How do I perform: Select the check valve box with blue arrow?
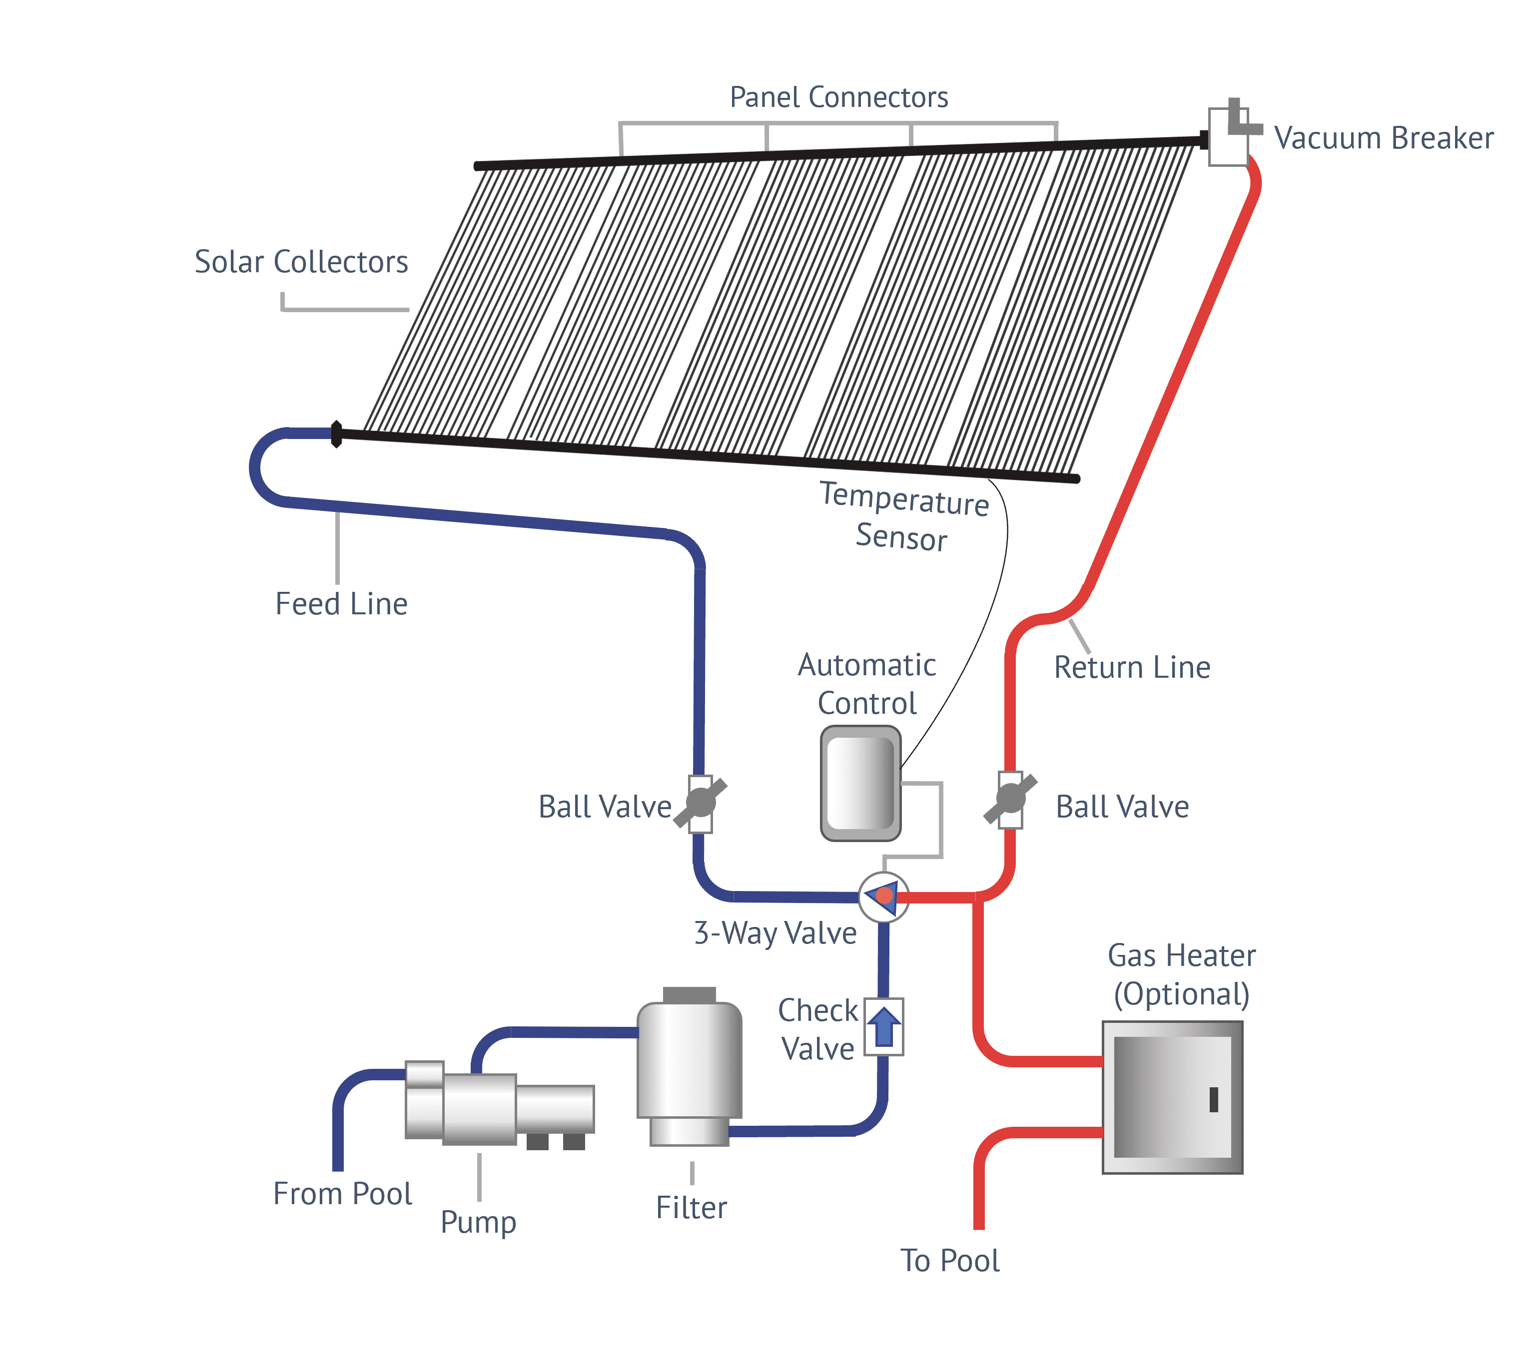[884, 1027]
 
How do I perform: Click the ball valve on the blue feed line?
[701, 803]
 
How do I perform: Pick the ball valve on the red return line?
[1010, 799]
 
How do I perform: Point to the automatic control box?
[860, 783]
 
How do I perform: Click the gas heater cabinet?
[1172, 1097]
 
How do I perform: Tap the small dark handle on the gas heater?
[1213, 1099]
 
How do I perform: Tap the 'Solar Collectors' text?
[301, 262]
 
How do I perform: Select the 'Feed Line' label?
[341, 604]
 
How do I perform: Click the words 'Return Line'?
[1131, 667]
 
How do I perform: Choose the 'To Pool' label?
[949, 1261]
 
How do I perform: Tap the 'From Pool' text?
[342, 1193]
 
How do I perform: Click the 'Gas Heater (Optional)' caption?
[1181, 974]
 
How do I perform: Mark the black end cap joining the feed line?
[336, 434]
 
